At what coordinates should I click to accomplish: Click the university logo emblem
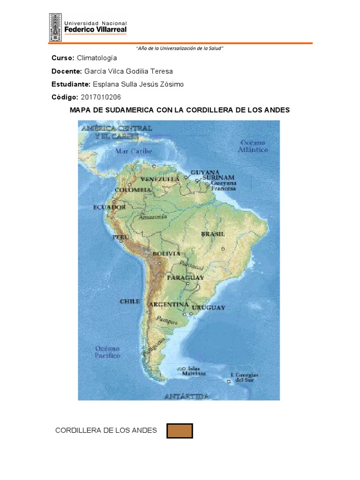(x=55, y=27)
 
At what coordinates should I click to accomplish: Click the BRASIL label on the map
(x=213, y=233)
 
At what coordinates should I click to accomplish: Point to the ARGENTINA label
(x=169, y=305)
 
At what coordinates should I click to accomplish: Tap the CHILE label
(x=129, y=301)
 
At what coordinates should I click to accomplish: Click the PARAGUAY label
(x=186, y=278)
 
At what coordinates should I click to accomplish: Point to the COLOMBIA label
(x=134, y=190)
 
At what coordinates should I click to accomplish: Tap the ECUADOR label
(x=109, y=207)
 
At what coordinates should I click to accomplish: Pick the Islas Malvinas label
(x=194, y=371)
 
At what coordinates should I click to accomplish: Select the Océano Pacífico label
(x=108, y=352)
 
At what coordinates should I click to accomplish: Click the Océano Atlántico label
(x=254, y=146)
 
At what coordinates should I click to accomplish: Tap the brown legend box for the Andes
(x=180, y=430)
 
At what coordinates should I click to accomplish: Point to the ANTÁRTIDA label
(x=186, y=397)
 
